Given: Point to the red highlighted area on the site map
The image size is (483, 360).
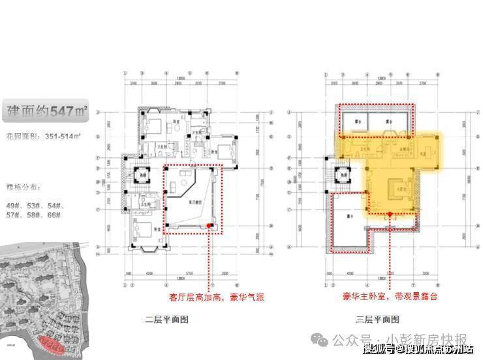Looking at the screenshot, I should click(50, 343).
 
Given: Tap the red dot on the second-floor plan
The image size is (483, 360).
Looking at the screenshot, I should click(209, 226).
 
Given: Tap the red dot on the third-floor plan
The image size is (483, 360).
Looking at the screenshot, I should click(390, 213).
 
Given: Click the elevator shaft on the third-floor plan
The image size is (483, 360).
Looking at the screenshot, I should click(341, 177).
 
